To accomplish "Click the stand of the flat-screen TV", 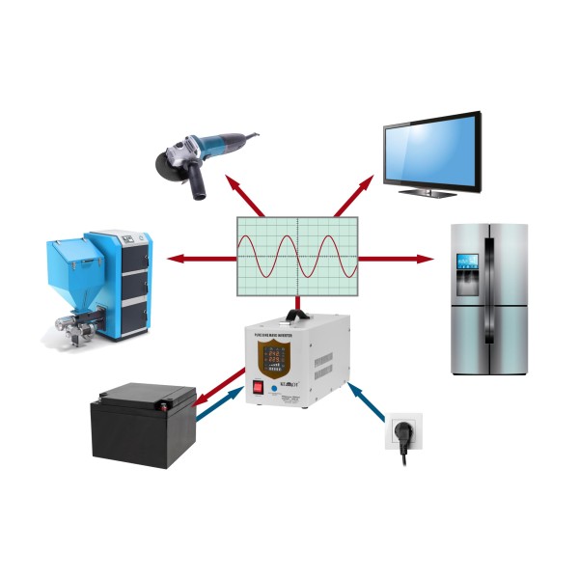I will (x=429, y=191).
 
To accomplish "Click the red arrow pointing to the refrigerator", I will (x=396, y=259).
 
